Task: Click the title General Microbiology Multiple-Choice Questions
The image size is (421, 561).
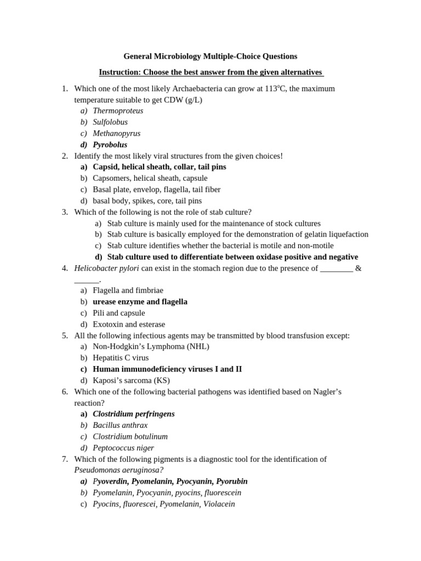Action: click(x=210, y=56)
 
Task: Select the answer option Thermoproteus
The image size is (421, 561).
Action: click(x=118, y=111)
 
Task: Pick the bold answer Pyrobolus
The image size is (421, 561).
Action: click(x=110, y=145)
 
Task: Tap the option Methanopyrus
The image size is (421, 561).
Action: click(x=116, y=133)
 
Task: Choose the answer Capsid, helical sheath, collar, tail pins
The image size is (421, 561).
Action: click(x=159, y=167)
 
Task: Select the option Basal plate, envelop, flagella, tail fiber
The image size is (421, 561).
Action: click(x=156, y=190)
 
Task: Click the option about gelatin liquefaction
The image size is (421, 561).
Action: click(x=237, y=234)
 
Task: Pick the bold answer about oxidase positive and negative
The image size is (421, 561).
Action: click(x=232, y=257)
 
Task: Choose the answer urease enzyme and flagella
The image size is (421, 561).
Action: click(x=140, y=302)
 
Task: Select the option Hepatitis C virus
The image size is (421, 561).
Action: click(x=121, y=358)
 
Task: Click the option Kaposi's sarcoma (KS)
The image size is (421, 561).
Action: click(x=131, y=380)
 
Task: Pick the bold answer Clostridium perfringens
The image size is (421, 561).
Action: click(x=133, y=414)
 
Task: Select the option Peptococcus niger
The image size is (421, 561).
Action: click(x=123, y=448)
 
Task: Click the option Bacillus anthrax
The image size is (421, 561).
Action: click(x=120, y=425)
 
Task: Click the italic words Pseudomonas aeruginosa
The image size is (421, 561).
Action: click(x=118, y=470)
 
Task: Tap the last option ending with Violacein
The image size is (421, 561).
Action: click(x=163, y=504)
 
